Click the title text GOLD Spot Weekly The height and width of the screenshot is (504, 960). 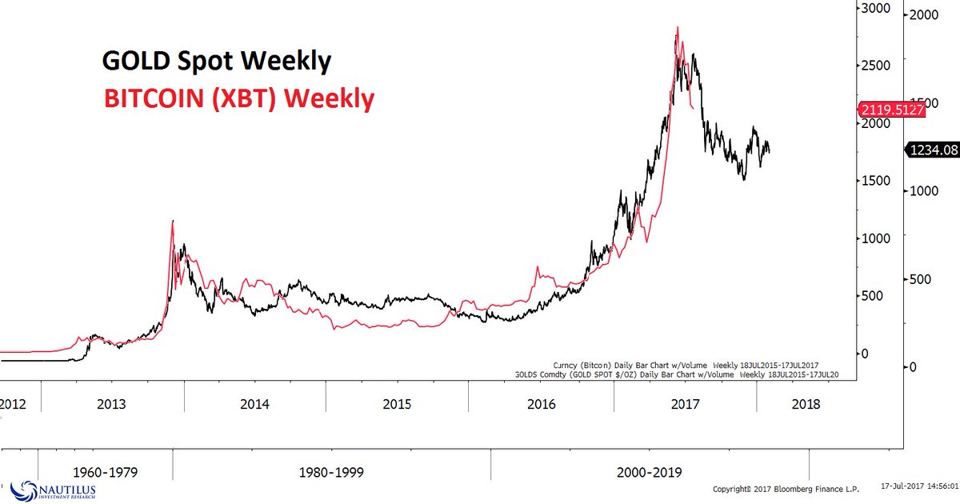[216, 61]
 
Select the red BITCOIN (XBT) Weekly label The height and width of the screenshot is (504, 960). [238, 98]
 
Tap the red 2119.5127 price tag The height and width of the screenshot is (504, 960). [890, 110]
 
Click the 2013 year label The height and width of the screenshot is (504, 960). [112, 404]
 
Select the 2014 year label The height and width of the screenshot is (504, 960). [256, 404]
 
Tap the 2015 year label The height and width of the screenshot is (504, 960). [397, 404]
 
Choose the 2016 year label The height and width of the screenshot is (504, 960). [542, 404]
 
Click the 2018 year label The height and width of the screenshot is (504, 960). [804, 404]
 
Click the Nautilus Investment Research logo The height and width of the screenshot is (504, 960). [54, 489]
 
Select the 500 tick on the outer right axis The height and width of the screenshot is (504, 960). [928, 279]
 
